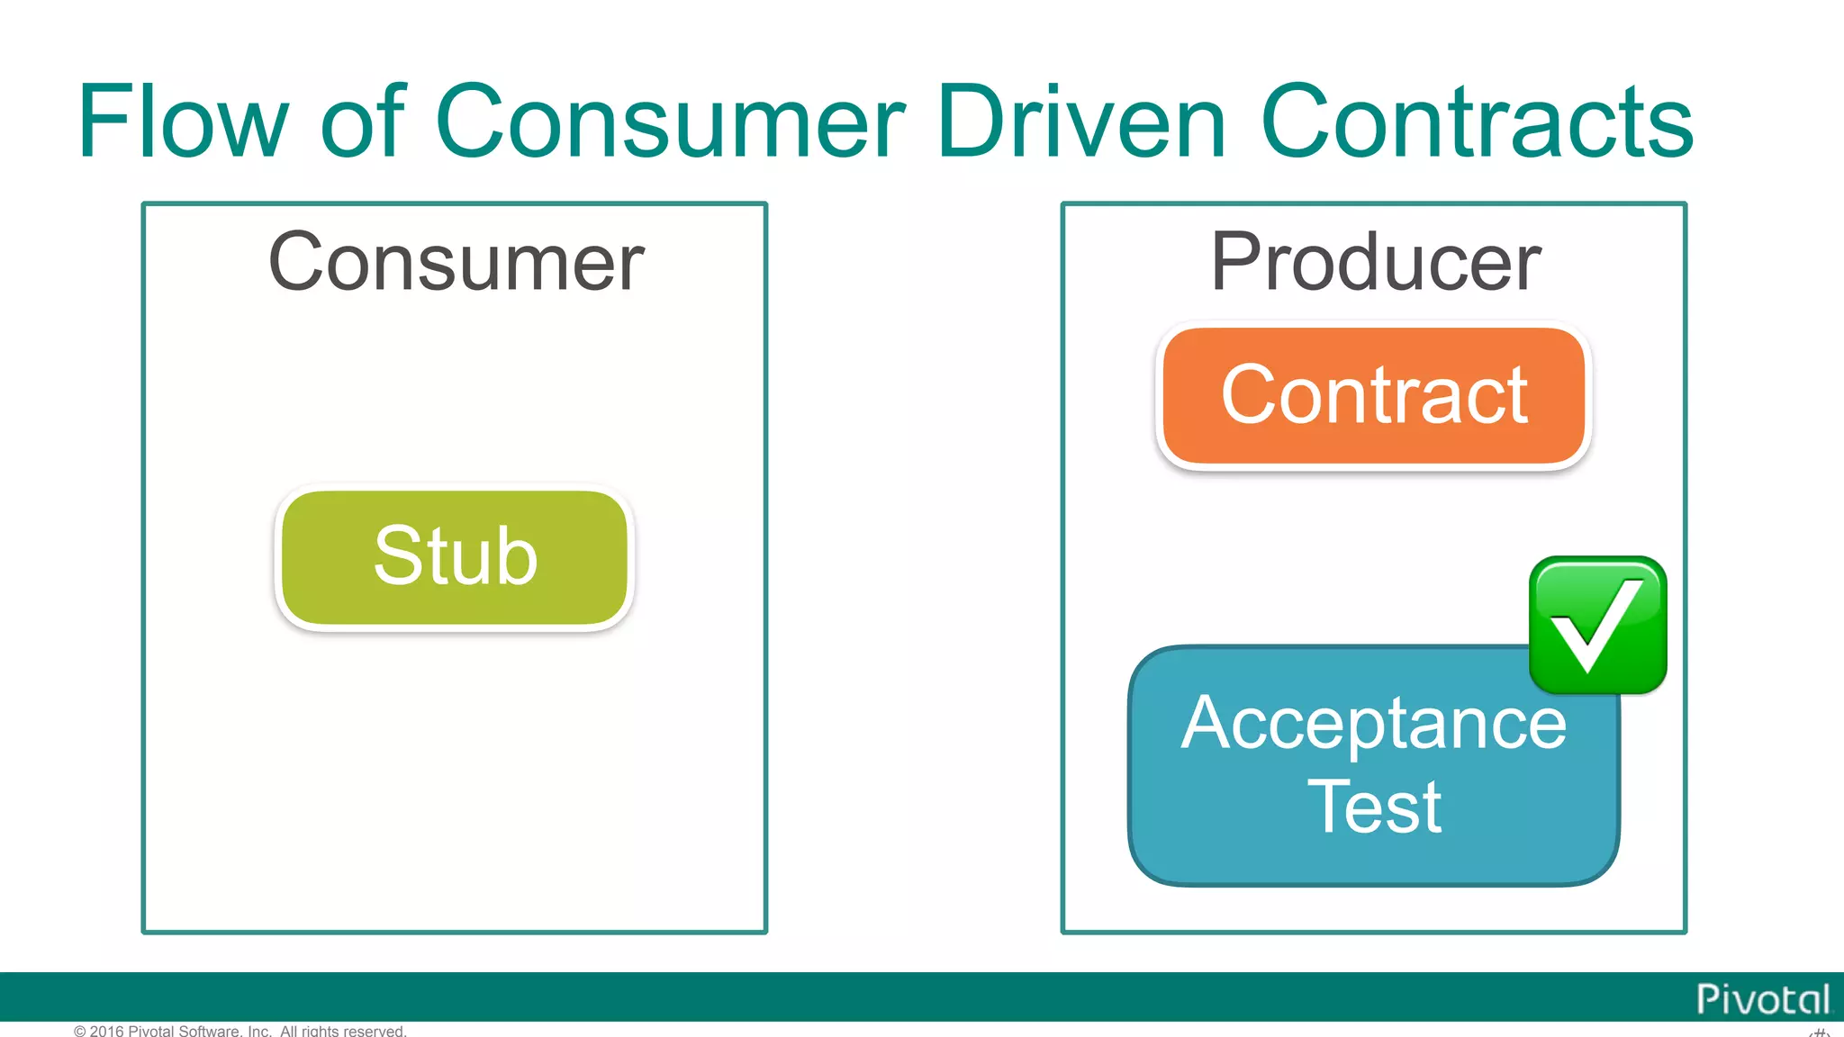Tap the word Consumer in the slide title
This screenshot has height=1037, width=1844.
click(669, 122)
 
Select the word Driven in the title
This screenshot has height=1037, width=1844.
click(1080, 122)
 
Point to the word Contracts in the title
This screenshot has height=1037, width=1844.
click(1477, 122)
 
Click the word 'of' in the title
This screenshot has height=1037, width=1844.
click(362, 122)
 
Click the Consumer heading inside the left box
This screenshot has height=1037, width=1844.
click(456, 262)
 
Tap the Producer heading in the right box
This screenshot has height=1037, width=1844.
click(1375, 262)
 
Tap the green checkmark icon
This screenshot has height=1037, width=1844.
click(1597, 625)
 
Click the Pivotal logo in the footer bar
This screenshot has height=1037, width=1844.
click(1762, 999)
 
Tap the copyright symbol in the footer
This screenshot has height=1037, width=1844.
click(80, 1031)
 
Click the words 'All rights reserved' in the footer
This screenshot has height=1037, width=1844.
click(343, 1031)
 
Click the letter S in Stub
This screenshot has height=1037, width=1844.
click(395, 556)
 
